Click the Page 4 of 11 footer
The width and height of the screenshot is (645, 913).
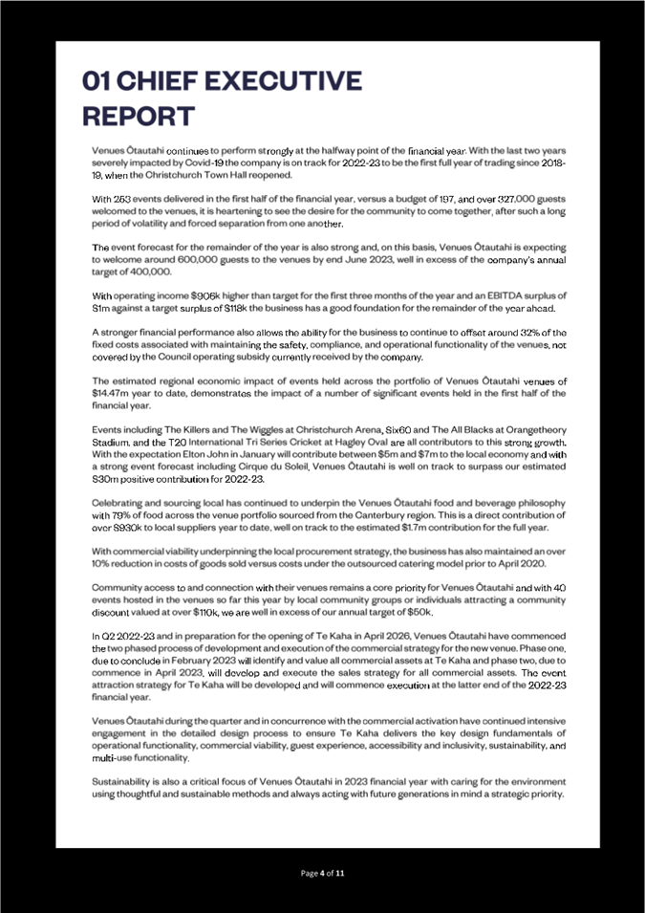[x=322, y=873]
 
